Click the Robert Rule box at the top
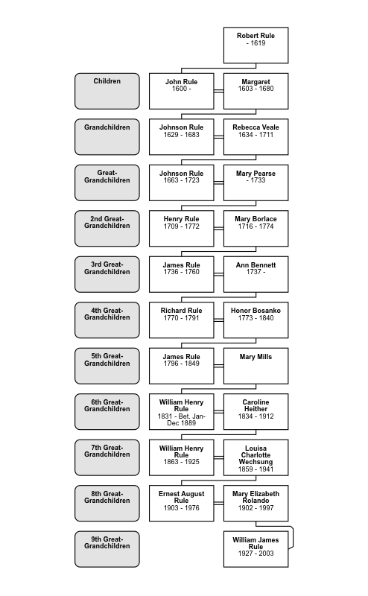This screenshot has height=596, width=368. click(x=256, y=45)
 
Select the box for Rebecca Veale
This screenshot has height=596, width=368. click(x=256, y=137)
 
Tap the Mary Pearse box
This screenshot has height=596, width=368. click(x=256, y=183)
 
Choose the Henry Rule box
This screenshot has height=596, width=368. click(x=181, y=229)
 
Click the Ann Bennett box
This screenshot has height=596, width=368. click(x=256, y=274)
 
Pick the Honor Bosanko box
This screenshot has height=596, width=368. click(x=256, y=320)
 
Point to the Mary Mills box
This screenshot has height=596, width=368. click(x=256, y=366)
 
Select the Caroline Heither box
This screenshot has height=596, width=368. click(x=256, y=412)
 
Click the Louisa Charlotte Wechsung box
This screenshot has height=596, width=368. click(x=256, y=457)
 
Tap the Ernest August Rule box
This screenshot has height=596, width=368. click(x=181, y=504)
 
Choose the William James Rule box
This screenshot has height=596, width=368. click(x=256, y=549)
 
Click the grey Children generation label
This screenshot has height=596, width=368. click(x=107, y=91)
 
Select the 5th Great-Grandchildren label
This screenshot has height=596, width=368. click(x=107, y=366)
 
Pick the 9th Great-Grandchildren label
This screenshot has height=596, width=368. click(x=107, y=549)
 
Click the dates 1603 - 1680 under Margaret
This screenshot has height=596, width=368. click(x=256, y=89)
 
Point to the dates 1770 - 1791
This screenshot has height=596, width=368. click(x=181, y=318)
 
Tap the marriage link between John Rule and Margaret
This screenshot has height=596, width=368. click(x=218, y=91)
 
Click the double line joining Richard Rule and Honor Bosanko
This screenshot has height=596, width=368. click(x=218, y=320)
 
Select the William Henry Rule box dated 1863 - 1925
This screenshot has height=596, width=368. click(x=181, y=457)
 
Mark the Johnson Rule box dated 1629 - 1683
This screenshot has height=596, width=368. click(x=181, y=137)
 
